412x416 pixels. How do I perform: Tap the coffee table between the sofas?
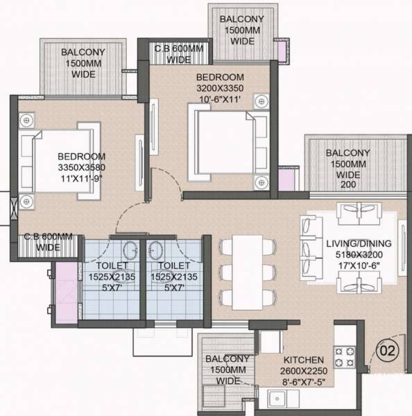(349, 246)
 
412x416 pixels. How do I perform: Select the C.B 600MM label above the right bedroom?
(178, 53)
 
